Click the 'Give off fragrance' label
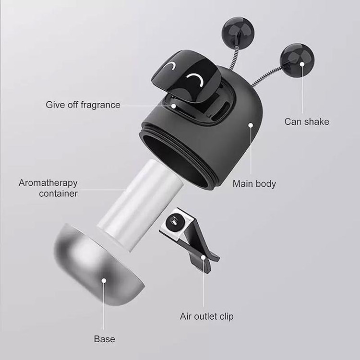pos(83,105)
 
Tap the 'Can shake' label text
pos(307,122)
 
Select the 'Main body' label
pos(254,184)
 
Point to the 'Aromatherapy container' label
pos(48,188)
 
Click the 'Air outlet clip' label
pos(206,316)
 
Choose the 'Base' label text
pos(105,339)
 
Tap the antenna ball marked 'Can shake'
pos(297,60)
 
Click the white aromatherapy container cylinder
pos(140,205)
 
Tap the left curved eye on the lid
pos(170,67)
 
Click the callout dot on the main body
pos(251,125)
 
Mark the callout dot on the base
pos(104,280)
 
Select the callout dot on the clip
pos(203,257)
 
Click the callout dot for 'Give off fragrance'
pos(174,106)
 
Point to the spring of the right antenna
pos(267,76)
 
